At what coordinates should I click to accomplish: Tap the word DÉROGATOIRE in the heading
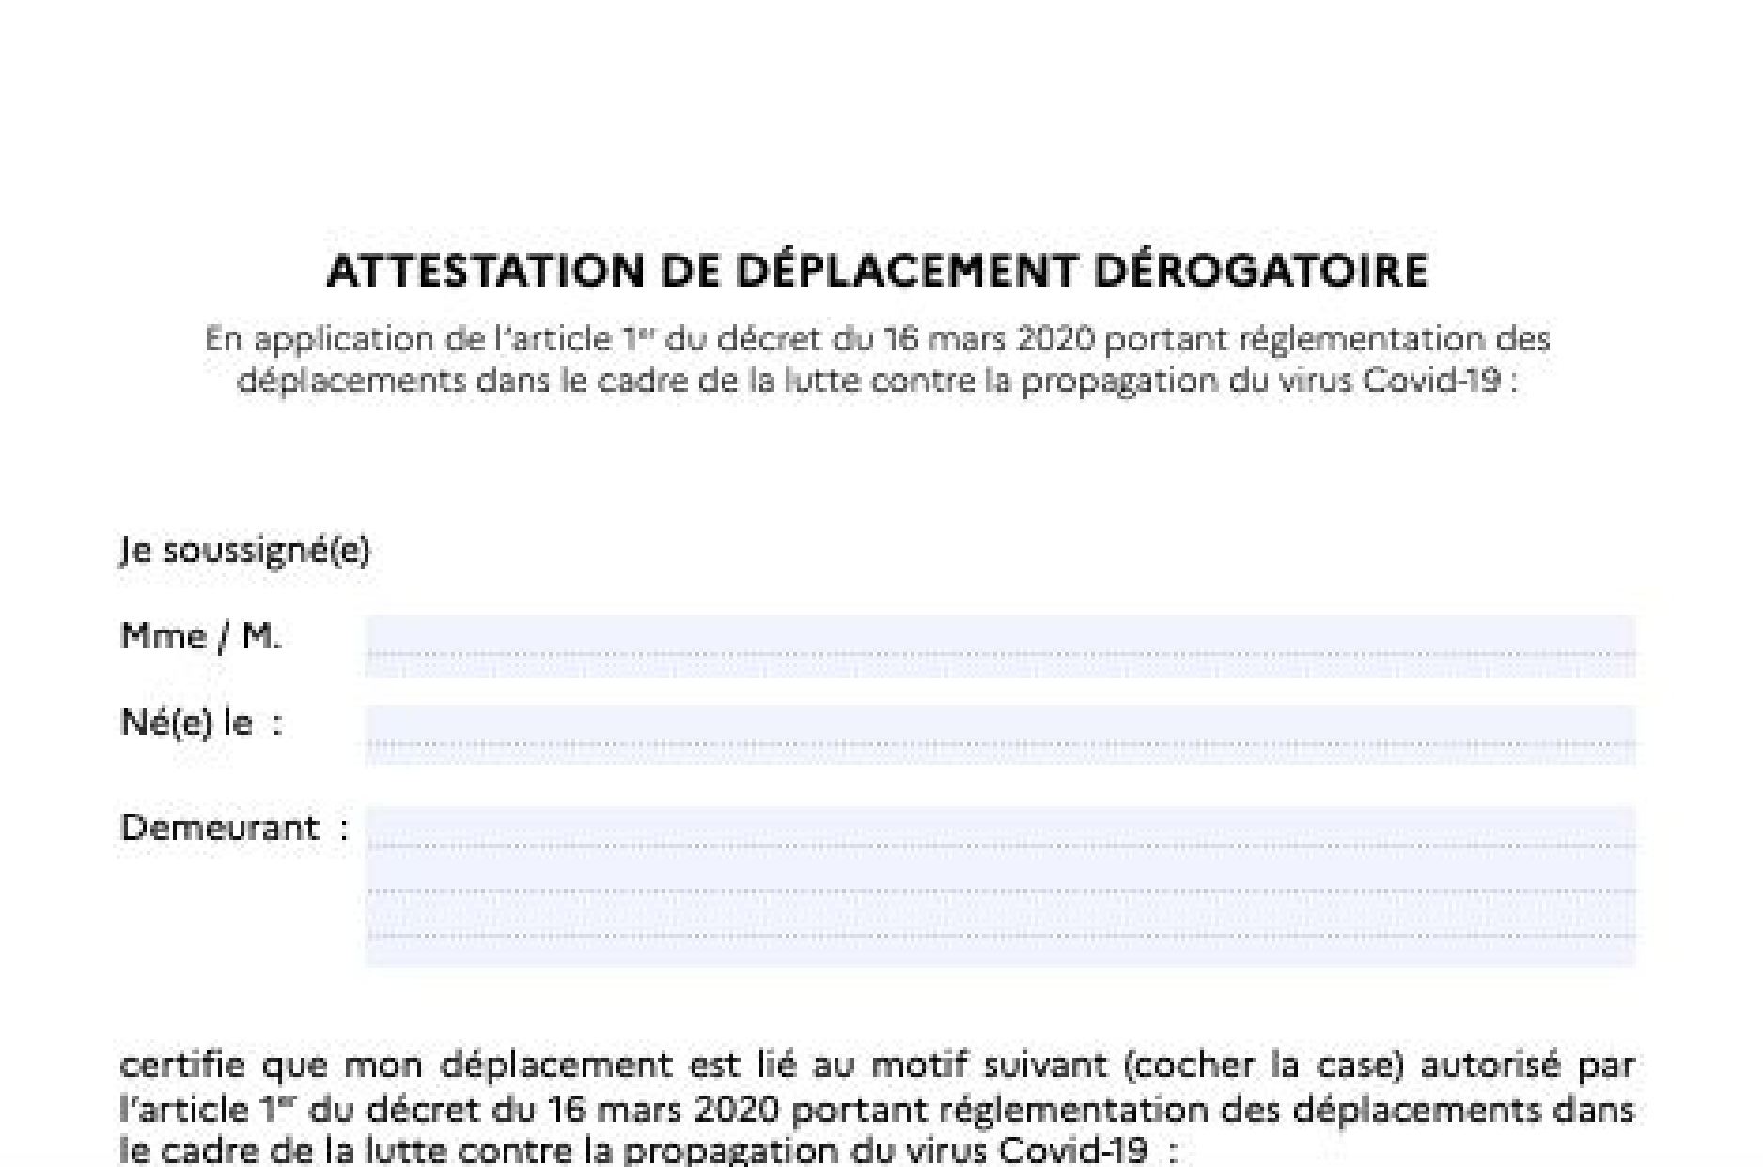(x=1261, y=272)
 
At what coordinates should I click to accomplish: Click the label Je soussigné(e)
(x=245, y=550)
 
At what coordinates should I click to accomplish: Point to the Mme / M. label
(x=201, y=637)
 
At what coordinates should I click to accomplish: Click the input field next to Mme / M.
(x=1000, y=646)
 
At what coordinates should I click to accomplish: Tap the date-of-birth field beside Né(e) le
(x=1000, y=734)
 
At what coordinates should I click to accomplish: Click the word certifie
(x=183, y=1066)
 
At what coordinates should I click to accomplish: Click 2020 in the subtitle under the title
(x=1056, y=339)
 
